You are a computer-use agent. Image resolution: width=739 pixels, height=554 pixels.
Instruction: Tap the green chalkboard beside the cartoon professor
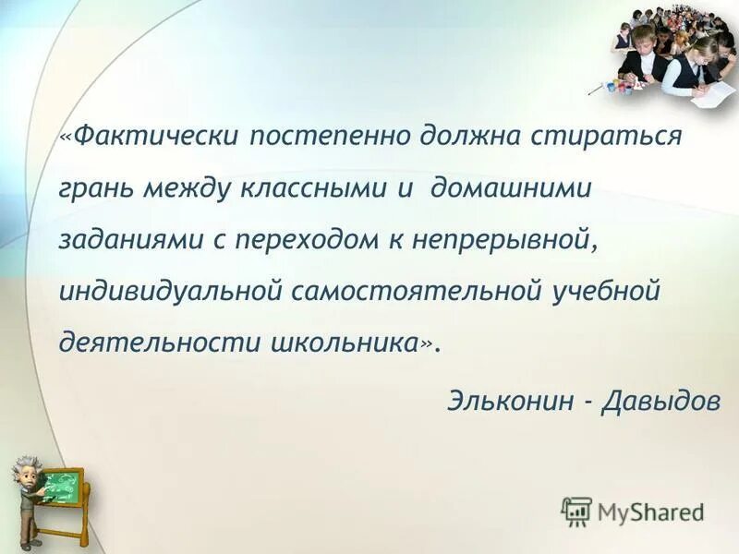click(x=63, y=487)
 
